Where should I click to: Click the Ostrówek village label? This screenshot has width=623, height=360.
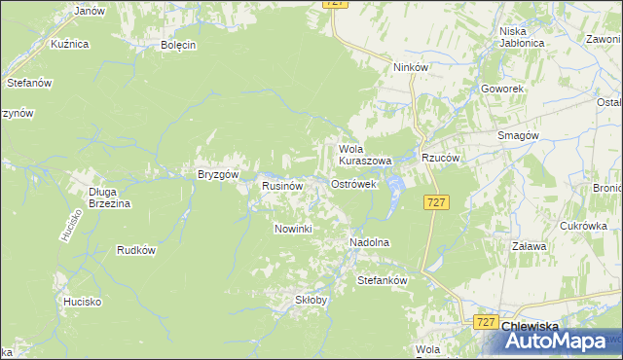pos(353,184)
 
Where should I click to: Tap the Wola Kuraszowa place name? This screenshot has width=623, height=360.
pos(364,155)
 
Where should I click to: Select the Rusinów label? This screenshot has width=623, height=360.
pos(283,185)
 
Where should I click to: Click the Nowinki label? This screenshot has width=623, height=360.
pos(292,229)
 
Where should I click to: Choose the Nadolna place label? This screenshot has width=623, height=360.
pos(369,241)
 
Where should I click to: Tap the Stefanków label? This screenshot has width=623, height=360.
pos(382,280)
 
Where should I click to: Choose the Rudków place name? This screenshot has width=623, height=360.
pos(136,250)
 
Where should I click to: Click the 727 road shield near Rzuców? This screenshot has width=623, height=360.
pos(437,201)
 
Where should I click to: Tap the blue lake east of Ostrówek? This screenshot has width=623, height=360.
pos(395,182)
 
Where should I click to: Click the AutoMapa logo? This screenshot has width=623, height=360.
pos(559,342)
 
